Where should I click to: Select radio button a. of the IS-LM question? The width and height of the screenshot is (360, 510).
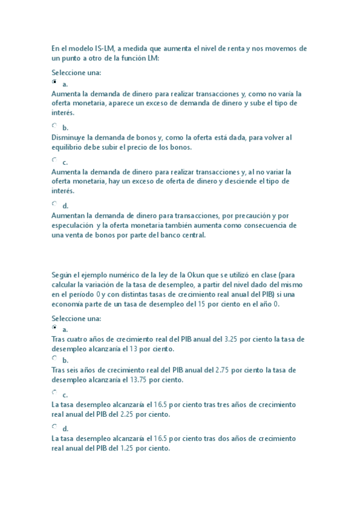(x=55, y=81)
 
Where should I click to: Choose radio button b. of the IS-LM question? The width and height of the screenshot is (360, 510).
(x=55, y=125)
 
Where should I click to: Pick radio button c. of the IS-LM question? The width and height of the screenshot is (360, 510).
(x=55, y=160)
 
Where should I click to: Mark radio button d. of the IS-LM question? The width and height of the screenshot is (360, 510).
(x=55, y=203)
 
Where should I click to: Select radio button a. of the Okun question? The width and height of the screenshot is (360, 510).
(x=55, y=328)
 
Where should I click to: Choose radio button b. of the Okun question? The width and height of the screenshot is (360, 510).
(x=55, y=358)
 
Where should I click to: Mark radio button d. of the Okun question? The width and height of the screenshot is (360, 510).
(x=55, y=426)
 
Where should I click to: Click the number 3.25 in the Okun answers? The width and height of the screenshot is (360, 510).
(x=232, y=339)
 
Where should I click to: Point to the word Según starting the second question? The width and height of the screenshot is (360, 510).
(x=62, y=275)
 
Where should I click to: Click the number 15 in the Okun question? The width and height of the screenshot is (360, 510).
(x=194, y=304)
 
